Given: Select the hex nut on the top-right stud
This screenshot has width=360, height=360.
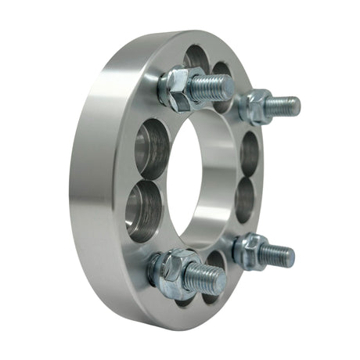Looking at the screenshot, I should [x=257, y=106].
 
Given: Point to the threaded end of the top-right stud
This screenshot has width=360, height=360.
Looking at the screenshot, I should [x=286, y=105].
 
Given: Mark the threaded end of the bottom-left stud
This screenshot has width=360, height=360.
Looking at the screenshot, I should [x=213, y=276].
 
